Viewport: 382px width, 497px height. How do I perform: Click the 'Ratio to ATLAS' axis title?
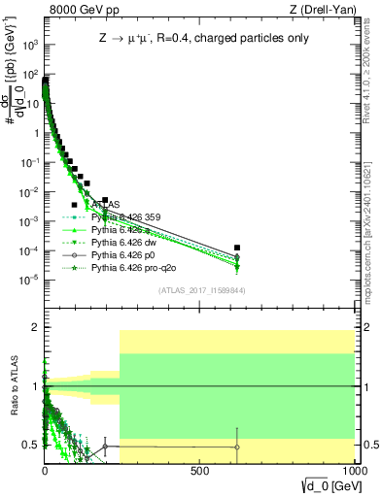[14, 388]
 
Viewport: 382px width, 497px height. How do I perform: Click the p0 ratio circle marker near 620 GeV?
[237, 447]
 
